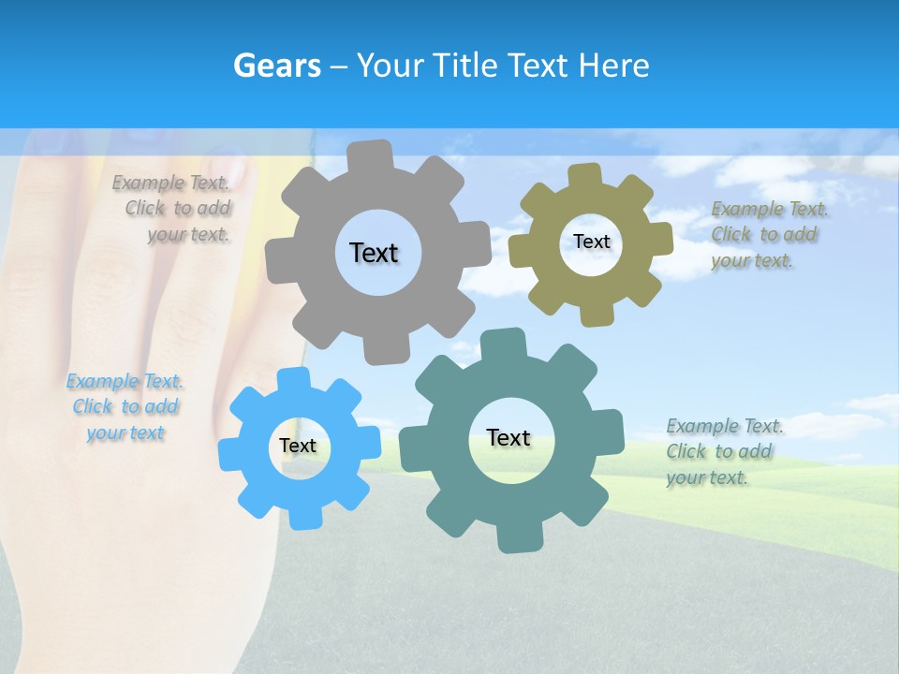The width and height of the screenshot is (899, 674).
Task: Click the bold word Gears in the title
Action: (277, 66)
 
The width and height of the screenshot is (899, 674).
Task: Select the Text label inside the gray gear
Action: (374, 253)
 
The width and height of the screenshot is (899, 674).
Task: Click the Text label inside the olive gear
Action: (592, 242)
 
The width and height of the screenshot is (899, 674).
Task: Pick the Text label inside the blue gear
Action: (298, 447)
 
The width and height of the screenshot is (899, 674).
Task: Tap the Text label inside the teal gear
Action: (508, 437)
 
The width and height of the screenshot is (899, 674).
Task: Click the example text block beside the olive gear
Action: (768, 235)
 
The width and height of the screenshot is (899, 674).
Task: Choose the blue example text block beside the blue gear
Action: (125, 407)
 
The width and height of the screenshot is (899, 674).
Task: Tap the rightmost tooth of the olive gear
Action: (661, 238)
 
